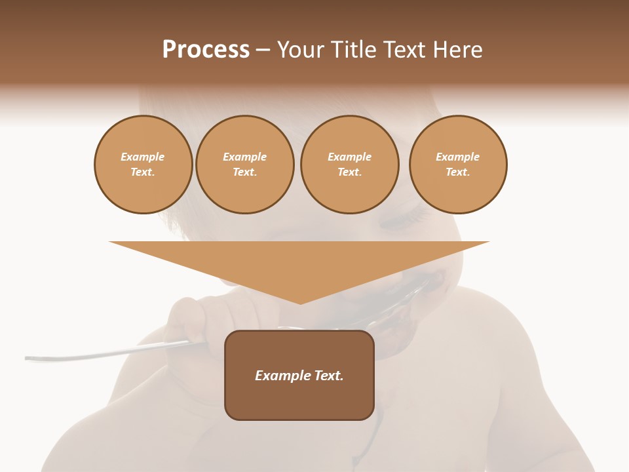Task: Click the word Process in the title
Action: (x=206, y=50)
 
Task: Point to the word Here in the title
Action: (x=457, y=50)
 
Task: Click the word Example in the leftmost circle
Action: (x=143, y=157)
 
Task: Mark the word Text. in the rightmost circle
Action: (x=458, y=172)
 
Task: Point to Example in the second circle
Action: (x=245, y=157)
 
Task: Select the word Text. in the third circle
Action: (x=350, y=172)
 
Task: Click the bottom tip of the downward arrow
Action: (x=300, y=303)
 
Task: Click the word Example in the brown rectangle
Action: (x=282, y=376)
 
